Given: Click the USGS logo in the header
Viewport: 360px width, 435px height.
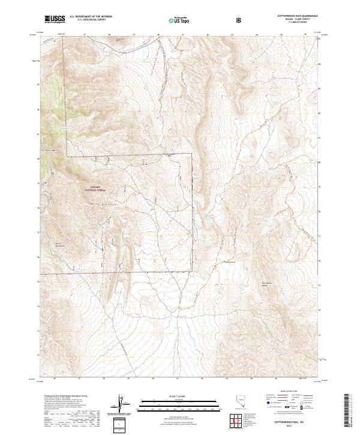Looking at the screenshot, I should [55, 19].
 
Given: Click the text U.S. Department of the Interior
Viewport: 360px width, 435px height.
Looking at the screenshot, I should [90, 17].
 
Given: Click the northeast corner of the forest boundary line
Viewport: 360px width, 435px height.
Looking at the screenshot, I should [191, 154].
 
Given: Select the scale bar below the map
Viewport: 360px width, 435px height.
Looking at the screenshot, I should [178, 403].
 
